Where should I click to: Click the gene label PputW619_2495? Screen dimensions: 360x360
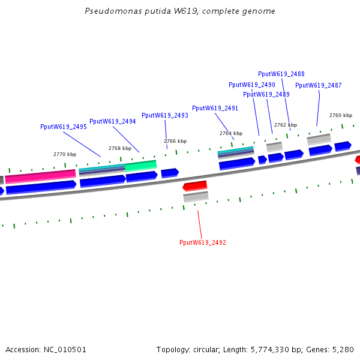[x=64, y=127]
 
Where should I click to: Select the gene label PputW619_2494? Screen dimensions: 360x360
[x=113, y=121]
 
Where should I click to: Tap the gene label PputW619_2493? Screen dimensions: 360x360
[x=165, y=115]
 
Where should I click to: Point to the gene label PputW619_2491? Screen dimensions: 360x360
[x=215, y=108]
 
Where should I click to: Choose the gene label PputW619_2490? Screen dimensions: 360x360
[x=252, y=85]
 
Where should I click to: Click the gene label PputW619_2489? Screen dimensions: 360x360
[x=266, y=94]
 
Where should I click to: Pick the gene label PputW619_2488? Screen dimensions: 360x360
[x=281, y=74]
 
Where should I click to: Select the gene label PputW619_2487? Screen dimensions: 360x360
[x=319, y=85]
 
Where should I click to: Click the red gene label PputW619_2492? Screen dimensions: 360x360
[x=203, y=242]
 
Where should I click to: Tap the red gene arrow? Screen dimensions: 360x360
[x=195, y=186]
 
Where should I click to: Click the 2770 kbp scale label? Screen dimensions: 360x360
[x=65, y=154]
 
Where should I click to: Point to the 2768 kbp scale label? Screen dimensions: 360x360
[x=120, y=148]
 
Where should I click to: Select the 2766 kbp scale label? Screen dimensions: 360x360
[x=175, y=141]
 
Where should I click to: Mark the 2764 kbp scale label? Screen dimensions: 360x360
[x=231, y=133]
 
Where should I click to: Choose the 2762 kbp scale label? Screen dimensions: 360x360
[x=286, y=125]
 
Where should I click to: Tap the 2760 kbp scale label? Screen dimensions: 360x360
[x=341, y=115]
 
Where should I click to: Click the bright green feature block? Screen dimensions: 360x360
[x=141, y=165]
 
